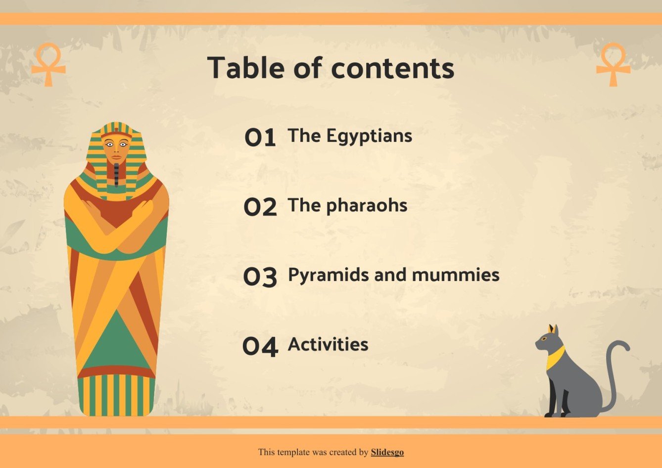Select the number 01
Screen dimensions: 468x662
point(260,137)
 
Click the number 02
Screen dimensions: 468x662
point(260,207)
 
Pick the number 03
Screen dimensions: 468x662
point(260,277)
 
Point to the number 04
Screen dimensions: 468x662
point(260,346)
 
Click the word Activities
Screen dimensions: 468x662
point(328,344)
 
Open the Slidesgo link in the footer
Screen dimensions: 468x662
point(387,452)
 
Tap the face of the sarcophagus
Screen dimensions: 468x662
point(116,148)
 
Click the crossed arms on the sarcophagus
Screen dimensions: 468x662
point(116,225)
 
